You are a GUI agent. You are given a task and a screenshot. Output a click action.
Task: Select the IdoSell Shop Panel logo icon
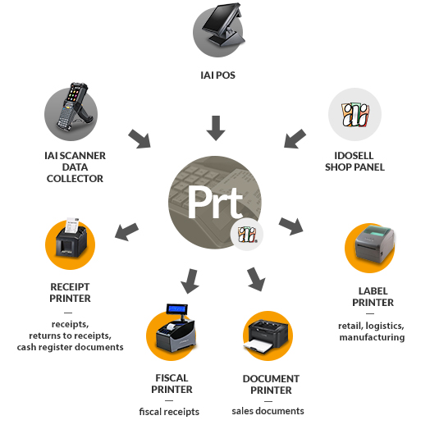(355, 114)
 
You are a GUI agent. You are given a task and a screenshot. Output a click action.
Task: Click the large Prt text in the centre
(215, 202)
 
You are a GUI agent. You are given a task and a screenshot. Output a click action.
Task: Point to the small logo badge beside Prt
(247, 234)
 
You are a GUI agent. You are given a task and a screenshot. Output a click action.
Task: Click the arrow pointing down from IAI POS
(216, 128)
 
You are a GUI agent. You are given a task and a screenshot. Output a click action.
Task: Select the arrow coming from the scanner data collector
(140, 139)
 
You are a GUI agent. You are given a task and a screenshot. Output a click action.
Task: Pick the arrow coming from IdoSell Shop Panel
(295, 139)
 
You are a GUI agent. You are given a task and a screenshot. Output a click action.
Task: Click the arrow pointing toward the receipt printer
(126, 231)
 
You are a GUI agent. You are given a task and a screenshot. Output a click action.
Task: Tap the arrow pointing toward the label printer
(291, 226)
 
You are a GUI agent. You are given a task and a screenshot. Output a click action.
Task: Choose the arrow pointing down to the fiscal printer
(190, 281)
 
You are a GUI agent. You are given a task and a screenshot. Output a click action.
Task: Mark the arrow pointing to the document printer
(256, 279)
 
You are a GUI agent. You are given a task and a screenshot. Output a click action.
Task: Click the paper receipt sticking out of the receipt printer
(72, 225)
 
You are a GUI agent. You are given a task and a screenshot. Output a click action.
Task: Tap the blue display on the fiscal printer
(177, 308)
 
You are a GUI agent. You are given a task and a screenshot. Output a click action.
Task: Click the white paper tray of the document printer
(258, 346)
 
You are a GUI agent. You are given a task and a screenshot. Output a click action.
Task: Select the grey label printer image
(375, 244)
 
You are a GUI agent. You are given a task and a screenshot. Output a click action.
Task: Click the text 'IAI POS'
(217, 75)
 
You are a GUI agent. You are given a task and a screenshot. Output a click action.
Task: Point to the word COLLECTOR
(75, 179)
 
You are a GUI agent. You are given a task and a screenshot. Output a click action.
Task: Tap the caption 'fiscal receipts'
(169, 412)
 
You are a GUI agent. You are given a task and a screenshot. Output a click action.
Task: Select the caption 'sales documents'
(268, 411)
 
